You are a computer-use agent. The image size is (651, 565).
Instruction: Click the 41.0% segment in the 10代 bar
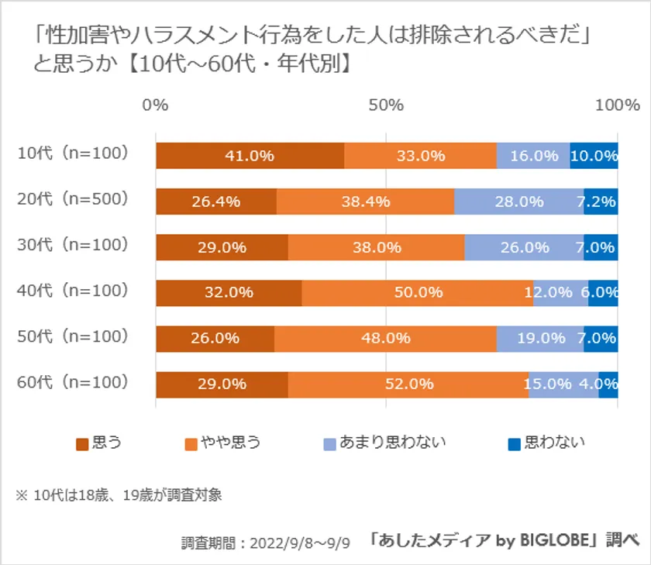[x=250, y=156]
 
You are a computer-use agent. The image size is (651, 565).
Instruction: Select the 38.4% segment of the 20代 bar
[x=365, y=202]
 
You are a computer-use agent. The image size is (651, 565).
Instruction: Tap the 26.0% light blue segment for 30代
[x=524, y=248]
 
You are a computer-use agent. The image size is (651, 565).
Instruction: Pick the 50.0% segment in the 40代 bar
[x=417, y=293]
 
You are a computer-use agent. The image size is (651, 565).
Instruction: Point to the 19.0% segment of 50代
[x=539, y=339]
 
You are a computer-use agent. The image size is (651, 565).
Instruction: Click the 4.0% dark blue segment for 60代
[x=608, y=384]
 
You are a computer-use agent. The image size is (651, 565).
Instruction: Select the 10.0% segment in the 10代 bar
[x=594, y=156]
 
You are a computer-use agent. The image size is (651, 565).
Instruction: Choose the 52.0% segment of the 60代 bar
[x=408, y=384]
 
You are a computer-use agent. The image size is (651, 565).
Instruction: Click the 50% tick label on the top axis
[x=386, y=106]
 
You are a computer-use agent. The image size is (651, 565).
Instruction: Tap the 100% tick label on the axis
[x=617, y=106]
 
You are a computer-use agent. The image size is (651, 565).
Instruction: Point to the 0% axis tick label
[x=156, y=106]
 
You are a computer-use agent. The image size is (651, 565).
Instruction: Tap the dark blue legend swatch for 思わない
[x=514, y=443]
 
